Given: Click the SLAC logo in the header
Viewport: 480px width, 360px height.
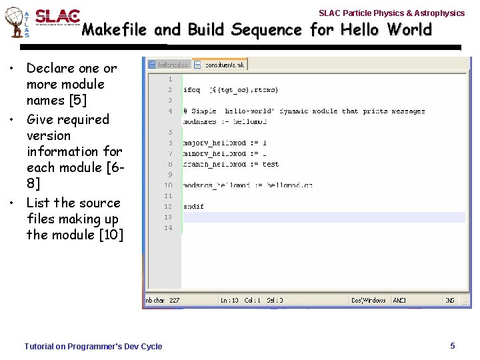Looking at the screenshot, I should [x=57, y=17].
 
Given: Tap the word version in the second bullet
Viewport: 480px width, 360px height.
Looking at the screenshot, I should [x=49, y=135].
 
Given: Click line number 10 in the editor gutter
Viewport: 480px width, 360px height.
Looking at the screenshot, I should [x=168, y=185].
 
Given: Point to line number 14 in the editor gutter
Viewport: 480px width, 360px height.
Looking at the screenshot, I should [x=168, y=228].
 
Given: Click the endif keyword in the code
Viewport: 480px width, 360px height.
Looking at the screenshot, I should [x=193, y=207].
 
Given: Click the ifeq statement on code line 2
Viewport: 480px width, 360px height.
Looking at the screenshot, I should [x=191, y=90].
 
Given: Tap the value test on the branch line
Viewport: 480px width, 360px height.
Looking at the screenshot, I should [x=270, y=164].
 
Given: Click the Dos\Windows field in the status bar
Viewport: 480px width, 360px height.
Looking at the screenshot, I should [x=369, y=301].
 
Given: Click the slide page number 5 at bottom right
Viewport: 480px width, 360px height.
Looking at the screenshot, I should [x=453, y=345].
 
